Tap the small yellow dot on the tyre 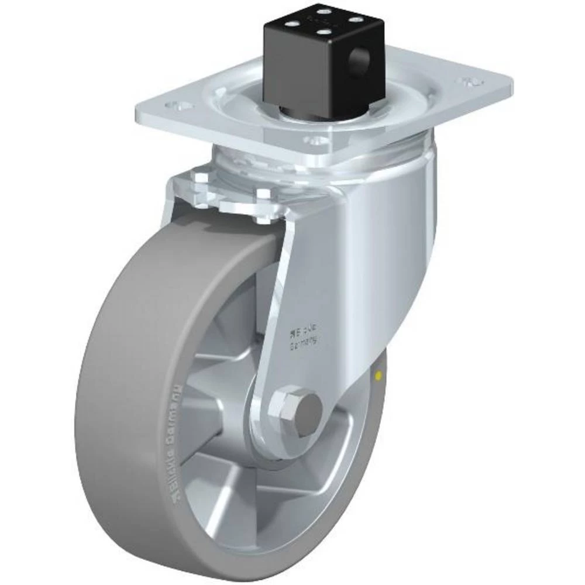click(x=380, y=375)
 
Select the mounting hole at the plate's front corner click(x=316, y=141)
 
